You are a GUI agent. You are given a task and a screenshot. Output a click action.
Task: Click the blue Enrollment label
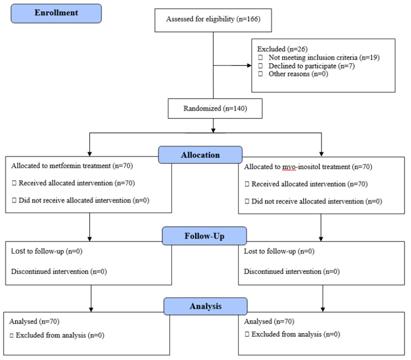click(56, 13)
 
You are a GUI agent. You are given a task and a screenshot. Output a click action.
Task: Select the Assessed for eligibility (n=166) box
click(213, 20)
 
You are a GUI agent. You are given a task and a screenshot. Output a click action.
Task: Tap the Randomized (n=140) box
click(215, 108)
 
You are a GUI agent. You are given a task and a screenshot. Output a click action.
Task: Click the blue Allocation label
click(200, 155)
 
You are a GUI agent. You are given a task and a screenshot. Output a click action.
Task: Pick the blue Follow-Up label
click(204, 236)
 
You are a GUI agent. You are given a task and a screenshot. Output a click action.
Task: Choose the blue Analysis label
click(205, 306)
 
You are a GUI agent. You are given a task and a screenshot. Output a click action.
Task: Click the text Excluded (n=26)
click(282, 49)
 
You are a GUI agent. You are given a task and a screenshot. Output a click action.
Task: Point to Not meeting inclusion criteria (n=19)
click(324, 58)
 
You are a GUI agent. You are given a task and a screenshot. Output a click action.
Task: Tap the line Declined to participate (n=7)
click(311, 66)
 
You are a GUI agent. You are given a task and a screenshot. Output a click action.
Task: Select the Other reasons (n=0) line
click(298, 74)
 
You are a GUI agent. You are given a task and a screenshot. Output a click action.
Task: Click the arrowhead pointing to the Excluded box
click(249, 65)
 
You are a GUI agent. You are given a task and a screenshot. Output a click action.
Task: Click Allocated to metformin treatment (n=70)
click(72, 166)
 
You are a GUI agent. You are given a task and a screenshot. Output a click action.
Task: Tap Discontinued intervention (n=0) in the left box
click(59, 271)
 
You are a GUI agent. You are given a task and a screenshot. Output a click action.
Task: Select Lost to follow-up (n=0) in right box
click(279, 251)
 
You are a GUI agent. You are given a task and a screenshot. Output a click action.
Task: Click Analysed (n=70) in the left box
click(34, 322)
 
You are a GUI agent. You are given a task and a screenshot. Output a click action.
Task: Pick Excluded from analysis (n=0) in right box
click(295, 334)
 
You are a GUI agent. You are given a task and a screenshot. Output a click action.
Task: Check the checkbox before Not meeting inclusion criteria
click(260, 58)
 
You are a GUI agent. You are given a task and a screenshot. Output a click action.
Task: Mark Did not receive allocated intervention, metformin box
click(84, 200)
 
